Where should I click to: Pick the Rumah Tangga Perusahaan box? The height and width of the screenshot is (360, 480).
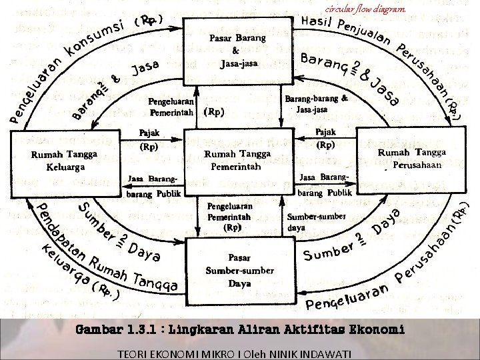[x=411, y=159]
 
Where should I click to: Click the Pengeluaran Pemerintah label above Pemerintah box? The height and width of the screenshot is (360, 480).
[x=172, y=107]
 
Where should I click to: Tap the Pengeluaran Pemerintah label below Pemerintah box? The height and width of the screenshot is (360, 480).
[x=229, y=217]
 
